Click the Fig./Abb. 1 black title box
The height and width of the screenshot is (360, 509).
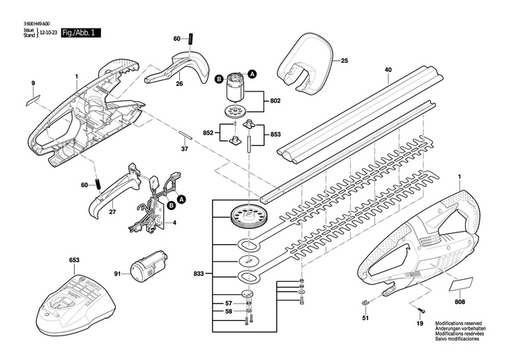81,33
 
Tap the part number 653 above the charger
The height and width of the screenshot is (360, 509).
75,260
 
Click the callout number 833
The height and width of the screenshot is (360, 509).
198,273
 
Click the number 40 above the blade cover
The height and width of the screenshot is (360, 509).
388,70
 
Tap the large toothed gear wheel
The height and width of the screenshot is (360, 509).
248,218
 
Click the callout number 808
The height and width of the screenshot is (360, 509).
460,302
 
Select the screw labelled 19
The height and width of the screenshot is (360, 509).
421,311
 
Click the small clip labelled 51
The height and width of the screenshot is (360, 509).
365,303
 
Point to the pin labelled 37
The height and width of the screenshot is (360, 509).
185,135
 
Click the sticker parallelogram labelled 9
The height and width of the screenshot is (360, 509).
33,100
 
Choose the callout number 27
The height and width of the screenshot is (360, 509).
113,212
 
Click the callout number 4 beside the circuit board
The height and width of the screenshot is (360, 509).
174,223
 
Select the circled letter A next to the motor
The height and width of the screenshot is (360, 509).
252,74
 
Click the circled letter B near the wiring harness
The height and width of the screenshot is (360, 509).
171,206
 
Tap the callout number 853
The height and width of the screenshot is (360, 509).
275,135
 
